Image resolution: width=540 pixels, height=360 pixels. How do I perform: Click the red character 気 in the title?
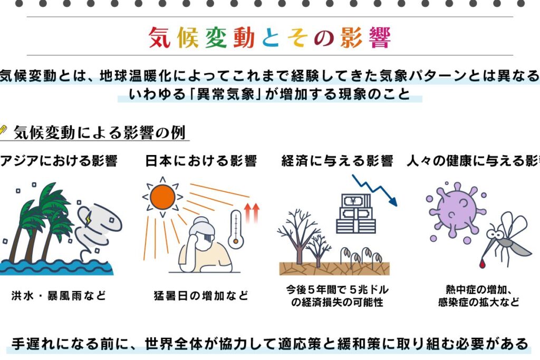(160, 37)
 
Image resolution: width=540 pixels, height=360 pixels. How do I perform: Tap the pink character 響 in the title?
(380, 37)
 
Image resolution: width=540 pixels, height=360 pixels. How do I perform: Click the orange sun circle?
(162, 197)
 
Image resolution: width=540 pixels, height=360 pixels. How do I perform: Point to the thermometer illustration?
(236, 229)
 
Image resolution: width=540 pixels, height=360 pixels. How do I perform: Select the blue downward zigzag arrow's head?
(392, 201)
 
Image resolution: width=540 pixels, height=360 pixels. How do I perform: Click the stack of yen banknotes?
(356, 213)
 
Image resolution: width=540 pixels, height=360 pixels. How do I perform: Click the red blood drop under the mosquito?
(482, 264)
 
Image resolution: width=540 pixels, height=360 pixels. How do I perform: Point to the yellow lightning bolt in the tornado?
(88, 218)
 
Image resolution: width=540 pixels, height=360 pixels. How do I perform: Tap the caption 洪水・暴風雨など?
(59, 295)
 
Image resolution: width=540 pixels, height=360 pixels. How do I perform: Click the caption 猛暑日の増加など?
(201, 295)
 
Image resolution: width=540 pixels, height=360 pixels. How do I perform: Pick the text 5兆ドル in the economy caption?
(369, 289)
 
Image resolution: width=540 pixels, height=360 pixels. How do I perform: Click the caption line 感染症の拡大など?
(479, 302)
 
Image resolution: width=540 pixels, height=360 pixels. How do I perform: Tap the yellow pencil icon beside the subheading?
(3, 131)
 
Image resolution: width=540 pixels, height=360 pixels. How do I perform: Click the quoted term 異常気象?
(226, 94)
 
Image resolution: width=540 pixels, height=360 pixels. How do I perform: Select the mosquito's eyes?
(495, 235)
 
